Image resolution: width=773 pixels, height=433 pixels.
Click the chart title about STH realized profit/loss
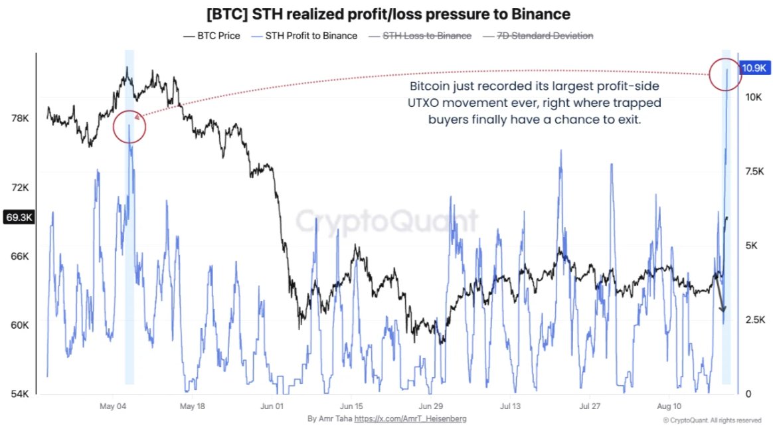[x=388, y=14]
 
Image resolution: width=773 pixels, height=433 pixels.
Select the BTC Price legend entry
[x=211, y=35]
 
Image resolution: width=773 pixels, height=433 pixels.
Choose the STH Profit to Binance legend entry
[x=304, y=35]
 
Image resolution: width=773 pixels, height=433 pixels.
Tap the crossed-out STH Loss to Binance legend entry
[x=420, y=35]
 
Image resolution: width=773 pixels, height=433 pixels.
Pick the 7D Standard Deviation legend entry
[x=538, y=35]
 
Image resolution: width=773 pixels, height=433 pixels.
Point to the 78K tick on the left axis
[x=20, y=118]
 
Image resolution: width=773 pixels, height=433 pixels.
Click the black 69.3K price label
[x=19, y=217]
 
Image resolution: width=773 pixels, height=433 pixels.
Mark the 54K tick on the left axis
[x=20, y=394]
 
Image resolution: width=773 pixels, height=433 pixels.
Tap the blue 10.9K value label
[x=754, y=68]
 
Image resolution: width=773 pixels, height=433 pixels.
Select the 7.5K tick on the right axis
[x=754, y=171]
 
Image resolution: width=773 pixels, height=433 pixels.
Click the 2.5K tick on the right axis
[x=755, y=319]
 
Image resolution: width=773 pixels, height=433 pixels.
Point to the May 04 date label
[x=113, y=406]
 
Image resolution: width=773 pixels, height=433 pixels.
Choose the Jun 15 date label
[x=351, y=406]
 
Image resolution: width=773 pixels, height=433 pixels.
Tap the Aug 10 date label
[x=669, y=406]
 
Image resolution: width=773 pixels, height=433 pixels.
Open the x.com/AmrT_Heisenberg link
[x=410, y=418]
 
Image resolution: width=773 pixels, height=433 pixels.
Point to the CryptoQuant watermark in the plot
[x=387, y=220]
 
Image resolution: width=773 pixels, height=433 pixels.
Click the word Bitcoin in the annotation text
[x=430, y=86]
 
